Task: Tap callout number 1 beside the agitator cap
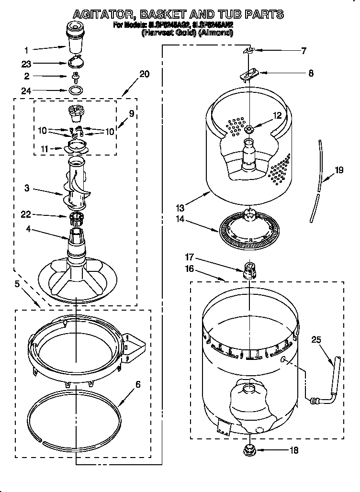[x=27, y=49]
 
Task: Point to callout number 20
[x=144, y=74]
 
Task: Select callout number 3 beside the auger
[x=27, y=189]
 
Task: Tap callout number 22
[x=27, y=216]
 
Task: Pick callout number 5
[x=18, y=284]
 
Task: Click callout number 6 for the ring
[x=138, y=384]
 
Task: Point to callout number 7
[x=303, y=51]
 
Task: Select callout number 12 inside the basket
[x=277, y=115]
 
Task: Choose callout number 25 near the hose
[x=316, y=340]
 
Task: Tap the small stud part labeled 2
[x=75, y=76]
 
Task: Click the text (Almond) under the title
[x=216, y=33]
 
